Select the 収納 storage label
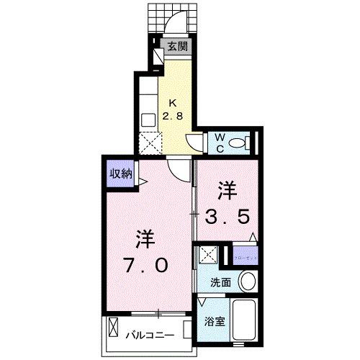(x=120, y=173)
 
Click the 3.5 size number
(x=230, y=216)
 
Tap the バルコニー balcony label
(x=153, y=335)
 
